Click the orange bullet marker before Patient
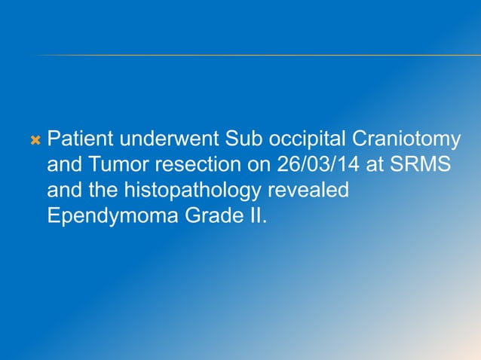(x=34, y=140)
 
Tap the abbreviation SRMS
(x=418, y=166)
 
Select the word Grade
(x=204, y=216)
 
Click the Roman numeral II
(x=253, y=216)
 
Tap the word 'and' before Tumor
(x=63, y=166)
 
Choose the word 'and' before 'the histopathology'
(x=63, y=191)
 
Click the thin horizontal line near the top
(x=256, y=55)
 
